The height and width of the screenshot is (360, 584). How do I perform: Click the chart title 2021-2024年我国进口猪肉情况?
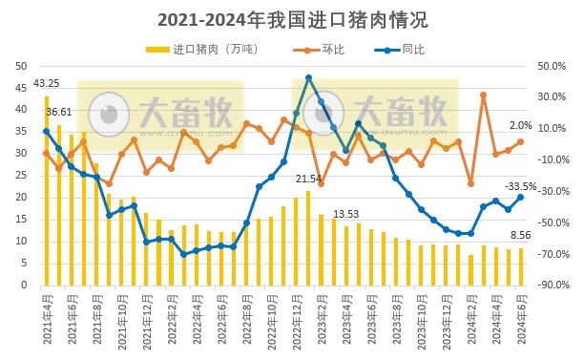tap(292, 19)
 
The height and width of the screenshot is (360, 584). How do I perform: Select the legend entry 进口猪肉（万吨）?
tap(198, 49)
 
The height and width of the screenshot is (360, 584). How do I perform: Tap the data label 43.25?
tap(46, 83)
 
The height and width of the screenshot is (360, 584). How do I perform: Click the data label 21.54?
tap(308, 180)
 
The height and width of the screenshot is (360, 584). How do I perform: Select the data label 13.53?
tap(345, 214)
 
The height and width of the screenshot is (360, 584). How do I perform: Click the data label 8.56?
tap(521, 236)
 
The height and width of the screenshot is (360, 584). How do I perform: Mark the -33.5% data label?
tap(520, 186)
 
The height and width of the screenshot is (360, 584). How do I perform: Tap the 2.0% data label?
tap(521, 126)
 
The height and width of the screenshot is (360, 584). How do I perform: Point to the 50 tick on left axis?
tap(20, 65)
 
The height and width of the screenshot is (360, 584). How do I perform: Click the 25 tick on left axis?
tap(20, 175)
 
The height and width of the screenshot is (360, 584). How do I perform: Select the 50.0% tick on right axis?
tap(553, 65)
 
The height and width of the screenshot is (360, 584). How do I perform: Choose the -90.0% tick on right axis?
tap(553, 285)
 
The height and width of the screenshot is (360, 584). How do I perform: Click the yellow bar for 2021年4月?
tap(47, 190)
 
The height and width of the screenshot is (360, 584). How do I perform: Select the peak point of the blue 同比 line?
tap(308, 78)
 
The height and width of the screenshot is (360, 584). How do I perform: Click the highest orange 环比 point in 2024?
tap(484, 95)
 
